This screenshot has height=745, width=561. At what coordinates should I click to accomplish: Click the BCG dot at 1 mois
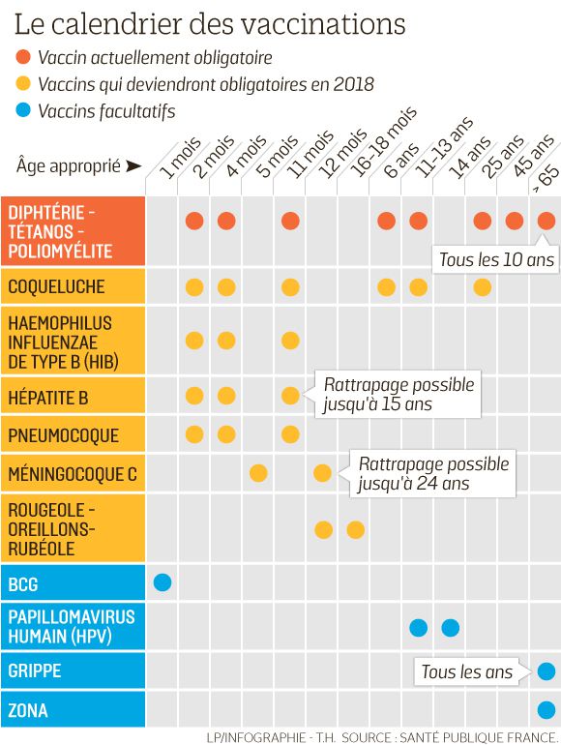click(x=162, y=582)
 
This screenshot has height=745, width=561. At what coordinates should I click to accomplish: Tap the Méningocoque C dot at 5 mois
click(x=258, y=473)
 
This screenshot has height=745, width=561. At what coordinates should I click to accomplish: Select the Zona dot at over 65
click(x=546, y=710)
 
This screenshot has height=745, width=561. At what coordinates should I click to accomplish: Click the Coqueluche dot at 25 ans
click(x=483, y=286)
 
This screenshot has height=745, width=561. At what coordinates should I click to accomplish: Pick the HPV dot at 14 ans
click(x=451, y=627)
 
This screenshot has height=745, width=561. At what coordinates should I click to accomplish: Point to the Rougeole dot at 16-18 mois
click(x=355, y=529)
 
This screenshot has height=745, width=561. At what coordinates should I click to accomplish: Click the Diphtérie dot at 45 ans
click(x=515, y=221)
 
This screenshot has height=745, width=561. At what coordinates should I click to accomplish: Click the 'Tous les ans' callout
click(x=466, y=671)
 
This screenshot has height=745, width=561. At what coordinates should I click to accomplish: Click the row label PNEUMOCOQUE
click(x=63, y=435)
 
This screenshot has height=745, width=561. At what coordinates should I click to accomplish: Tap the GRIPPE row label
click(x=35, y=670)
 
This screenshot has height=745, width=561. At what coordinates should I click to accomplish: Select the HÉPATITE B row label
click(x=48, y=397)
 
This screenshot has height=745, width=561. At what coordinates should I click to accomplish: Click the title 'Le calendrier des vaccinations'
click(x=209, y=22)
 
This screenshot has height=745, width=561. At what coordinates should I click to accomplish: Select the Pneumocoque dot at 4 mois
click(x=226, y=433)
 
